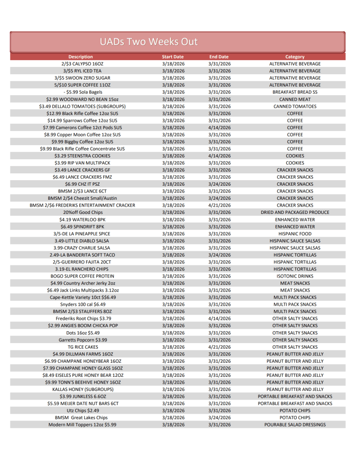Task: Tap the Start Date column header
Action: [173, 57]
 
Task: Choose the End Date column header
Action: [219, 57]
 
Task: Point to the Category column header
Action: [295, 57]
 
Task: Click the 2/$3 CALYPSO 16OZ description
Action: [82, 64]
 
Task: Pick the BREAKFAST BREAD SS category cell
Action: [295, 92]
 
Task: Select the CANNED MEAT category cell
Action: [295, 99]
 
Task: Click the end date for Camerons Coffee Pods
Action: [219, 127]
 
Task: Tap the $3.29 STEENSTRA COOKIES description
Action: [82, 156]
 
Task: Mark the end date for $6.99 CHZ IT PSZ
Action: [219, 184]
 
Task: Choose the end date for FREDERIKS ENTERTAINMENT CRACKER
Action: [219, 205]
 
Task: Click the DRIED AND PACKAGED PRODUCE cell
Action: [295, 213]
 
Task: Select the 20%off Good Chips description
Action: [82, 213]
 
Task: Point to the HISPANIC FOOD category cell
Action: [295, 234]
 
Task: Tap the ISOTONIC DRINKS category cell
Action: [295, 276]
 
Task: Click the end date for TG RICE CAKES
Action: [219, 347]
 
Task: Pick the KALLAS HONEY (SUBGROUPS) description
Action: [82, 390]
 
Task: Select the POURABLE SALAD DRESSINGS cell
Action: [295, 425]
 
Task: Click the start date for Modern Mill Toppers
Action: [173, 425]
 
